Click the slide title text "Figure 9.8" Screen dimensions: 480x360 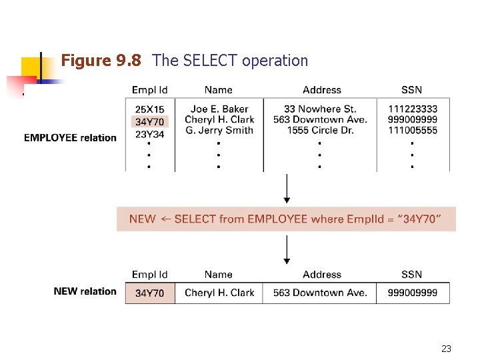[101, 61]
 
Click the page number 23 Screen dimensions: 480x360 [447, 349]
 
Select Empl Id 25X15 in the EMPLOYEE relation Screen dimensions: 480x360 [149, 109]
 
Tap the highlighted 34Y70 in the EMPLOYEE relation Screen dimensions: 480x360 [149, 121]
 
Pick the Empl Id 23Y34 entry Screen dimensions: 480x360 [149, 133]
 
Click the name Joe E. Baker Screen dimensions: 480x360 [219, 109]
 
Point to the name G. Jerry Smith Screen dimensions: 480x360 [219, 131]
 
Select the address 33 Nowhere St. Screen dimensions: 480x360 [320, 109]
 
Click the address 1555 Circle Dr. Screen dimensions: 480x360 [320, 131]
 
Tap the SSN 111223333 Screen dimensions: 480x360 [412, 109]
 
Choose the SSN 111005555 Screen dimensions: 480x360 [412, 131]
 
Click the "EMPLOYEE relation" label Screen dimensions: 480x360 [70, 138]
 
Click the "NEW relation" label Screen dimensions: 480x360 [85, 291]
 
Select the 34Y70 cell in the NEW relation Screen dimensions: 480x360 [149, 293]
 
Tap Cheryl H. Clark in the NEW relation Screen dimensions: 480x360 [219, 293]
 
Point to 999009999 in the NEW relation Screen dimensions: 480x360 [412, 293]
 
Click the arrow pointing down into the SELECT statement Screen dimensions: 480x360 [287, 190]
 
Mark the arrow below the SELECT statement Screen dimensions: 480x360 [287, 251]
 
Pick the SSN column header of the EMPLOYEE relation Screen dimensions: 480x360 [412, 90]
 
